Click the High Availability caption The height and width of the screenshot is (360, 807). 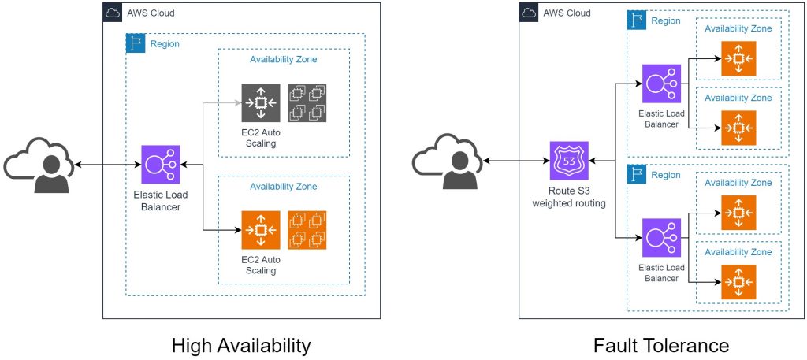tap(241, 345)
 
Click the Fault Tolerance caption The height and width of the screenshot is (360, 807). tap(662, 345)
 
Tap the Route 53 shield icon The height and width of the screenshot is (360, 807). tap(568, 161)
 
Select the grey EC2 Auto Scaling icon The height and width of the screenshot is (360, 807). tap(261, 103)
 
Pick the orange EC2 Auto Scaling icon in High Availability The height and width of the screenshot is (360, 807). tap(261, 230)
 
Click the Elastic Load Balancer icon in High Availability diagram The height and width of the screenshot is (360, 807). tap(161, 165)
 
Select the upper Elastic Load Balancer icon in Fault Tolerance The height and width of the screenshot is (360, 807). tap(662, 84)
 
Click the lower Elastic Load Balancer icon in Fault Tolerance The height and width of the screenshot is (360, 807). tap(662, 238)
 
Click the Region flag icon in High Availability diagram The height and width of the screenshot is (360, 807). tap(136, 43)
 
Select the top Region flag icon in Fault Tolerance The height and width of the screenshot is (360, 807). tap(635, 19)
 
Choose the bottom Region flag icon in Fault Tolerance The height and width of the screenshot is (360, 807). tap(635, 173)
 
